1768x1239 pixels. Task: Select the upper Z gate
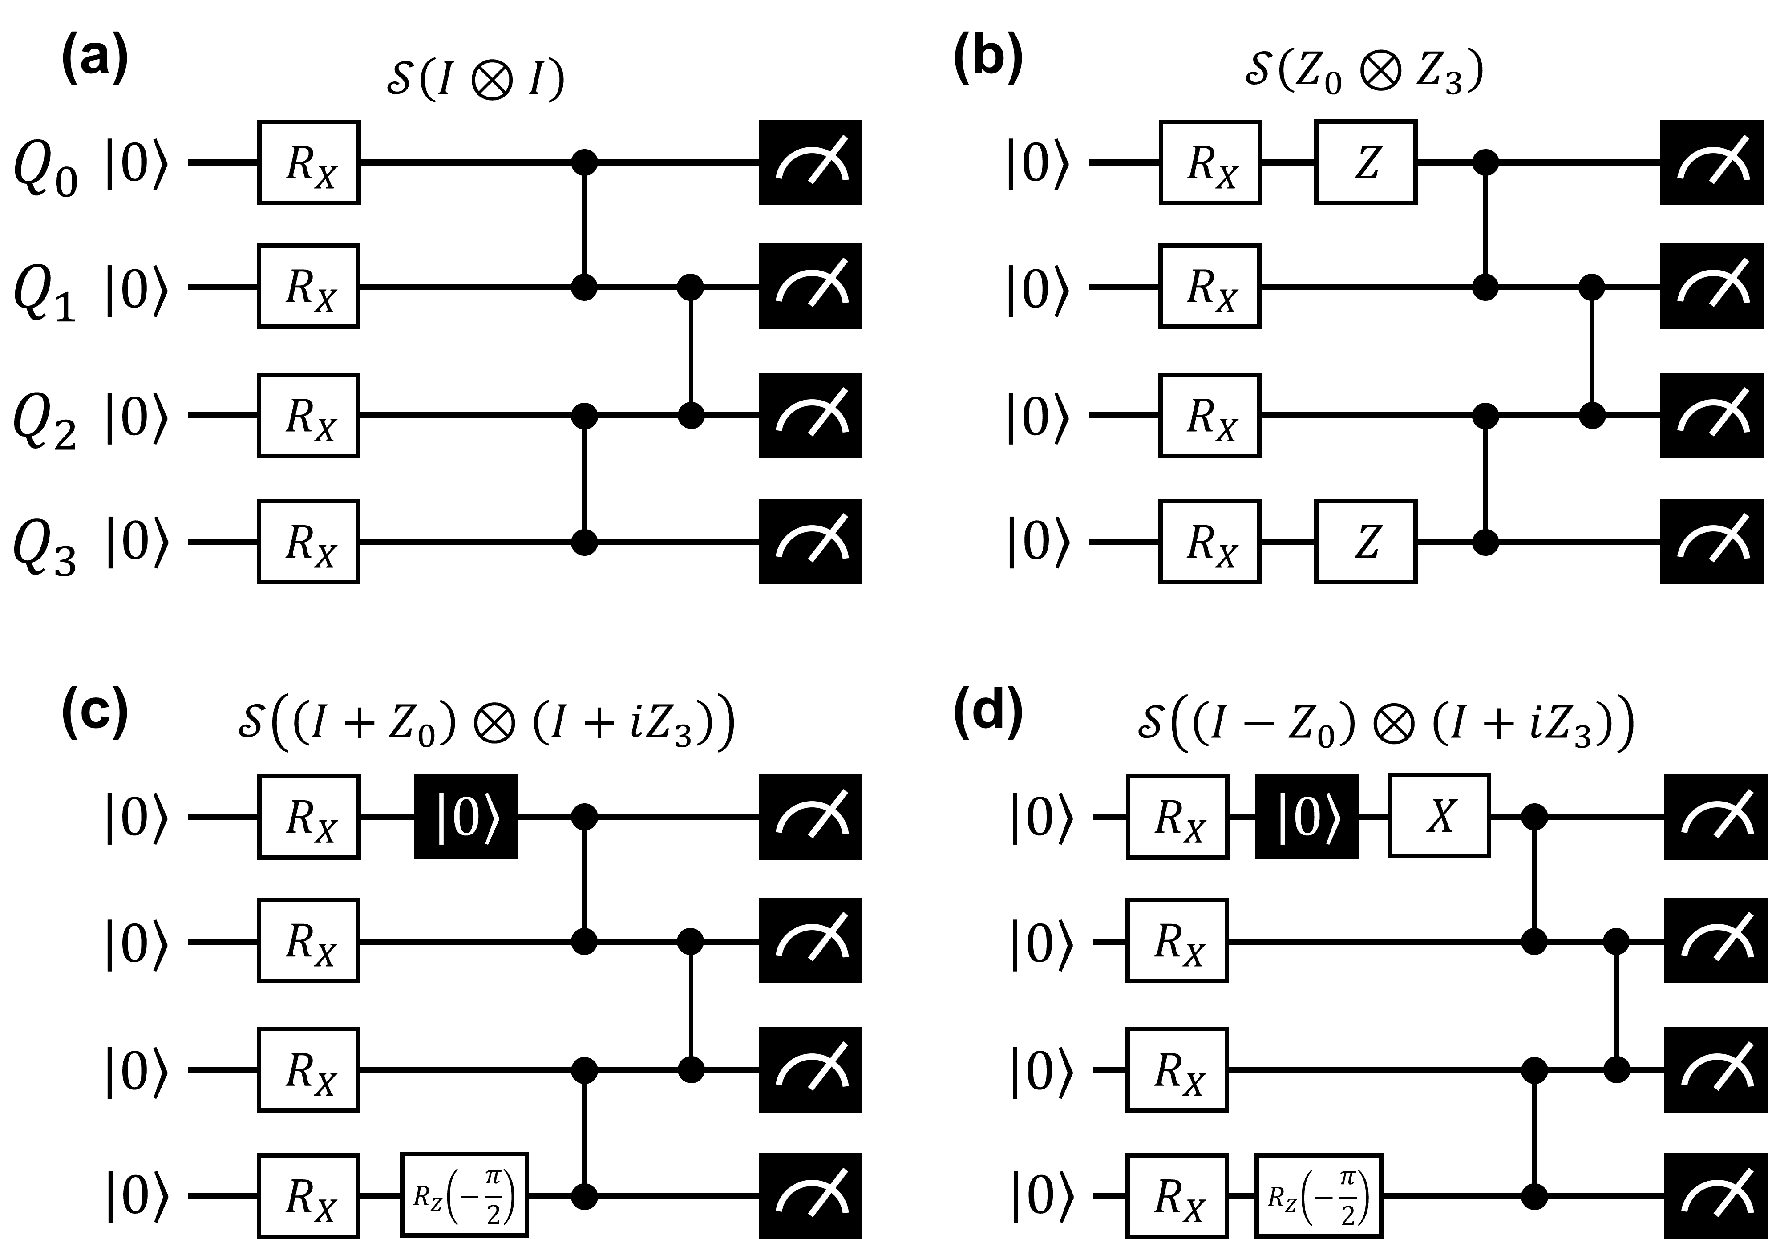click(1365, 162)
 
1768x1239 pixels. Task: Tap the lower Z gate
click(1365, 541)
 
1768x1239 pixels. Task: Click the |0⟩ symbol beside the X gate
click(1309, 818)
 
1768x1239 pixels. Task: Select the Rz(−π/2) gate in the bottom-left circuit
click(464, 1194)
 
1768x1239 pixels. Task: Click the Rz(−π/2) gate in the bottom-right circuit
click(1318, 1194)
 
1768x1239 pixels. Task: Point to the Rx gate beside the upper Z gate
click(1210, 162)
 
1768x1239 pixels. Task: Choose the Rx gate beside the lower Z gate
click(1210, 541)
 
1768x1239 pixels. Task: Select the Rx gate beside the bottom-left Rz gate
click(309, 1195)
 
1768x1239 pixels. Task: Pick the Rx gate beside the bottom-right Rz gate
click(1177, 1195)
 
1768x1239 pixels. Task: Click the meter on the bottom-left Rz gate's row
click(813, 1195)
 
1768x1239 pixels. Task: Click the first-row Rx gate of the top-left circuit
click(309, 162)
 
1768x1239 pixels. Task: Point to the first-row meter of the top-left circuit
click(813, 162)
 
